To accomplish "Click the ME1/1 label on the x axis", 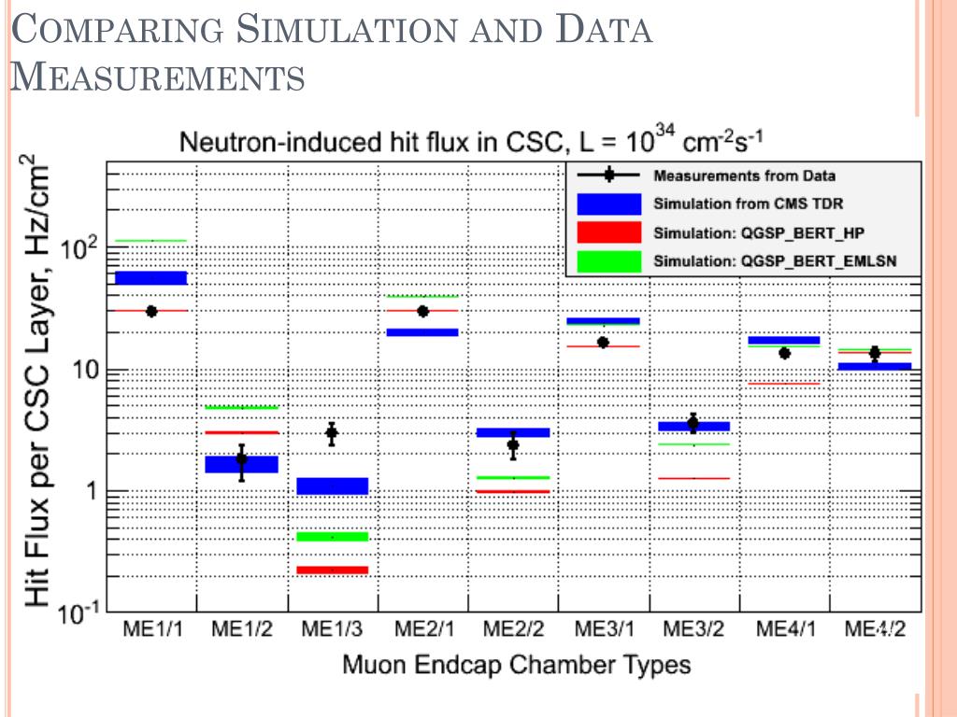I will click(x=151, y=628).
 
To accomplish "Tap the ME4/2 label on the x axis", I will click(x=874, y=628).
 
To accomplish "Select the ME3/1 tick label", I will click(x=603, y=628).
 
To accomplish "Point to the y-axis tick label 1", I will click(x=92, y=492).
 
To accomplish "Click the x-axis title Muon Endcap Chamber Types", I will click(x=516, y=665).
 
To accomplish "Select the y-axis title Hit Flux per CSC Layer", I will click(x=37, y=383).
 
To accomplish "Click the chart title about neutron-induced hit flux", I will click(x=473, y=144).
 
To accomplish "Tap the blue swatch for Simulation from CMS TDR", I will click(x=608, y=204).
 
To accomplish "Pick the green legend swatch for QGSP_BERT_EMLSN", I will click(x=608, y=260).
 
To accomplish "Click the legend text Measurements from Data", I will click(x=744, y=176).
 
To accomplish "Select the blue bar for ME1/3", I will click(x=333, y=485).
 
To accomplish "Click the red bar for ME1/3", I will click(x=333, y=569).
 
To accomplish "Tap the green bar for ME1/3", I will click(x=333, y=536).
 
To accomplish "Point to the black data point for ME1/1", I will click(x=151, y=311).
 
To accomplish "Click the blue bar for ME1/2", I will click(x=242, y=464).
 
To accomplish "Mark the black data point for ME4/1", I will click(x=784, y=353).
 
